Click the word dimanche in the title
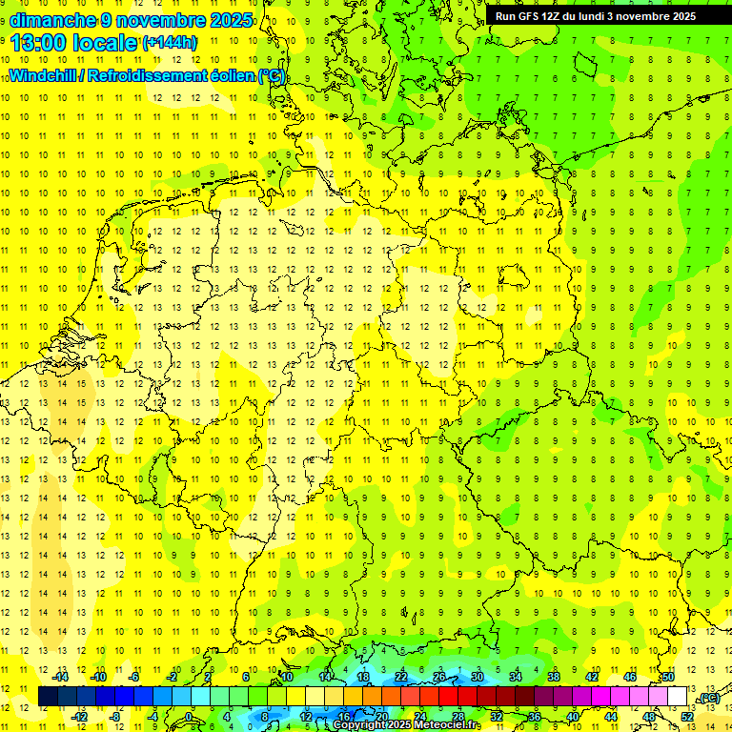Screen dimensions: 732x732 52,20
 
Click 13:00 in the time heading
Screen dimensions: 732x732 34,43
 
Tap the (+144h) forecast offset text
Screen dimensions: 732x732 169,43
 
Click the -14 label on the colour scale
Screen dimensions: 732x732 61,677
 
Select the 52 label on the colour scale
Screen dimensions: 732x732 688,716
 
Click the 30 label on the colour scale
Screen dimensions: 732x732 478,677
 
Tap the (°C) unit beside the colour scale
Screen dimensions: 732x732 708,699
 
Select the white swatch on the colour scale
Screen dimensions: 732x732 678,697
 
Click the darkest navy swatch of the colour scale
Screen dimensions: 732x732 48,697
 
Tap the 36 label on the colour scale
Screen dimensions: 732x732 535,716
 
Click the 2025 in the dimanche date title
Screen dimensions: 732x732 232,20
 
